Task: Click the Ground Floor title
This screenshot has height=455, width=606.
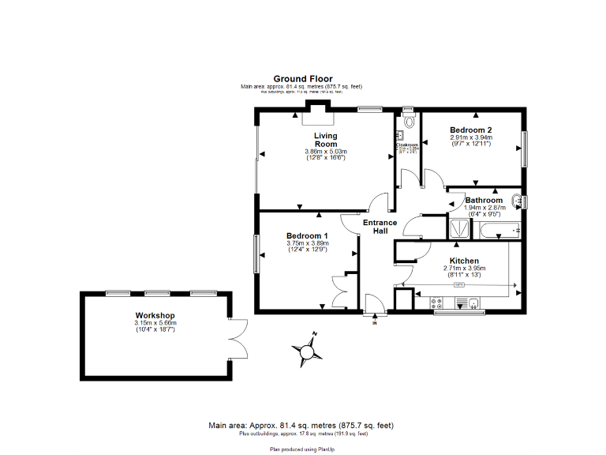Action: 302,79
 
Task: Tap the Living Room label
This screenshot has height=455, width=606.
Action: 325,140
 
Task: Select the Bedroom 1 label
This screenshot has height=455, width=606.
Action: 307,236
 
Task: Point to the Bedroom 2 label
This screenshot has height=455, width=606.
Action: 470,130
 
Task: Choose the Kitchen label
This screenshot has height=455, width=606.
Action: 464,261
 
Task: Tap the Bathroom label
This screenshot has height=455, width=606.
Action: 483,201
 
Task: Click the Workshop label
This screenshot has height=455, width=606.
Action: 154,316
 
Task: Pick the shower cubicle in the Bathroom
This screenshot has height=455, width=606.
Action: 458,229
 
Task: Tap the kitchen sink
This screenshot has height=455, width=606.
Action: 473,303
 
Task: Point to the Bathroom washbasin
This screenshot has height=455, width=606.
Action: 517,201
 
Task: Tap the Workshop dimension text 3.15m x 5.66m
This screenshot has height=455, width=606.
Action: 155,323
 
